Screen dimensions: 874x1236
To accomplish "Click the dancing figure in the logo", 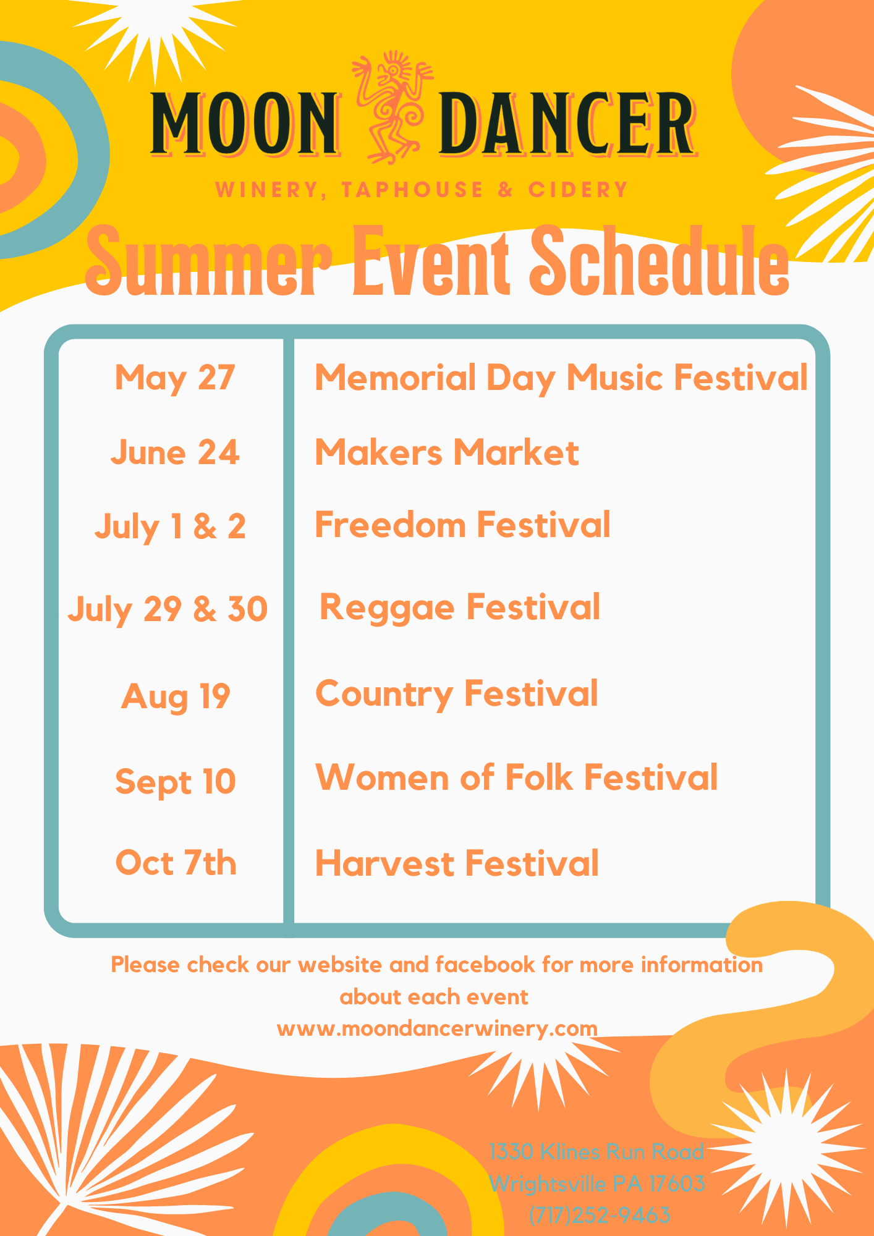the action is click(x=392, y=108).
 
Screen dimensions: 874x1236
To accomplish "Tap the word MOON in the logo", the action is click(x=245, y=123).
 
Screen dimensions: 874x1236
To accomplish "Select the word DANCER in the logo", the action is click(x=568, y=123).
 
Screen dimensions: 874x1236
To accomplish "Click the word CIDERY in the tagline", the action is click(x=578, y=190).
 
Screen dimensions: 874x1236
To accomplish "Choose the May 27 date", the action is click(x=175, y=378).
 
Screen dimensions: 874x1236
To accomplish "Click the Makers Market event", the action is click(x=447, y=452).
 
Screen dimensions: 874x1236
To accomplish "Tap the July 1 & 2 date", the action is click(x=170, y=527).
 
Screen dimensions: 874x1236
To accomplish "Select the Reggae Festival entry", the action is click(x=460, y=607).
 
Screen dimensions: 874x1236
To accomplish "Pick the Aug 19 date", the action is click(x=176, y=697).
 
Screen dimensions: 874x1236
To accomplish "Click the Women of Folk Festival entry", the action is click(x=517, y=777).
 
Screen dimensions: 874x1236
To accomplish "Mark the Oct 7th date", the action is click(x=176, y=863).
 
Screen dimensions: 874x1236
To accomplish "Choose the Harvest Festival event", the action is click(x=457, y=863).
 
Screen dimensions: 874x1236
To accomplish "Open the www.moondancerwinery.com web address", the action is click(x=437, y=1028).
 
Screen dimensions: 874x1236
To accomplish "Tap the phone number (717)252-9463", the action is click(x=600, y=1215).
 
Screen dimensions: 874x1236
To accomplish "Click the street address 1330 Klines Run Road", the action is click(x=596, y=1151).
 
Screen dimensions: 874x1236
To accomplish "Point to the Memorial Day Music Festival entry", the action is click(x=561, y=378).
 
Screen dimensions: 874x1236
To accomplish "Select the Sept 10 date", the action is click(x=176, y=782).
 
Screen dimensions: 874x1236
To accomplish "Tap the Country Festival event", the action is click(x=457, y=694).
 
